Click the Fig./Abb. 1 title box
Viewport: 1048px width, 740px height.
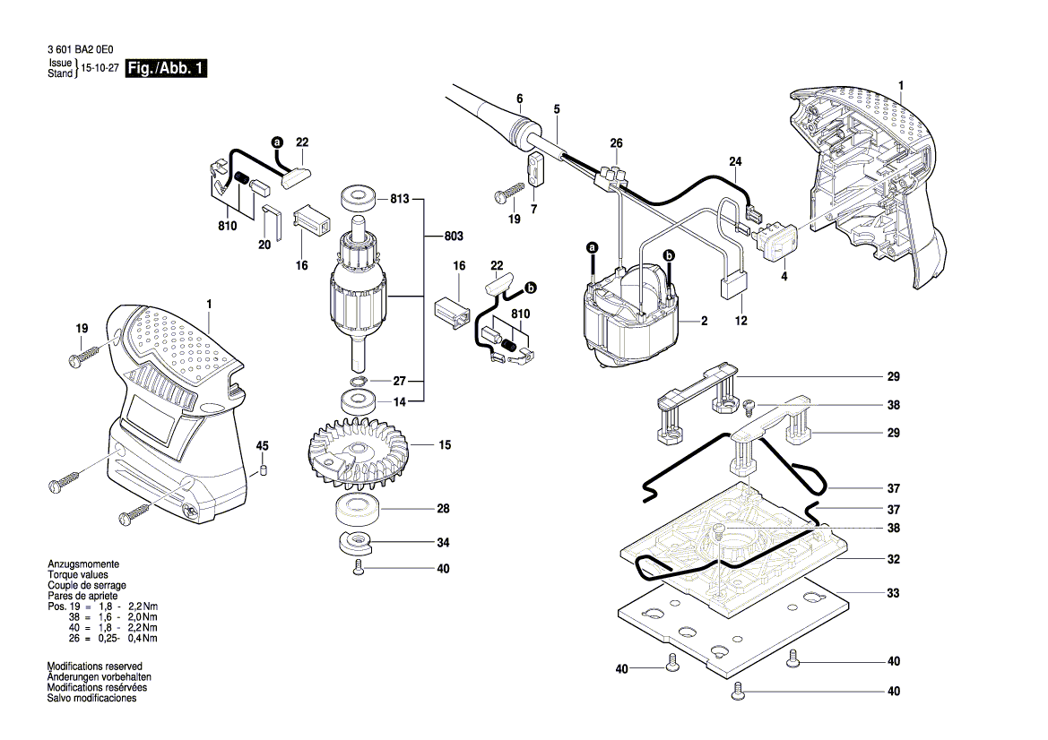(168, 68)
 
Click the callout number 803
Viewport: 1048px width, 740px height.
(455, 236)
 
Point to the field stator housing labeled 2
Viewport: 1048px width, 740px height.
(632, 318)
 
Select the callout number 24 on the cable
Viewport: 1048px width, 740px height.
(736, 162)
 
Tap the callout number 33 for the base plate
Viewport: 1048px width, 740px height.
(893, 593)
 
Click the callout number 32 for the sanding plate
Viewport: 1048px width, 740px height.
(893, 558)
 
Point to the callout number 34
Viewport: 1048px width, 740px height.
(443, 542)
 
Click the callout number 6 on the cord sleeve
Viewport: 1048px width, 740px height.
(518, 99)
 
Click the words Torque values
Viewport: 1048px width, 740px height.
(77, 574)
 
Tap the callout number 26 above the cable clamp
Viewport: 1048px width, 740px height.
(616, 143)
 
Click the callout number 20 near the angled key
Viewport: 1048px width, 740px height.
(264, 244)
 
